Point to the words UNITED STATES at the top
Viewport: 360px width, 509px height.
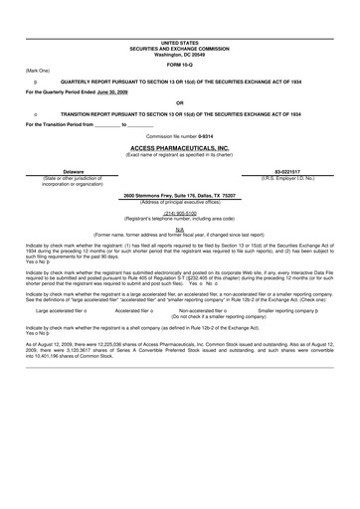179,44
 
